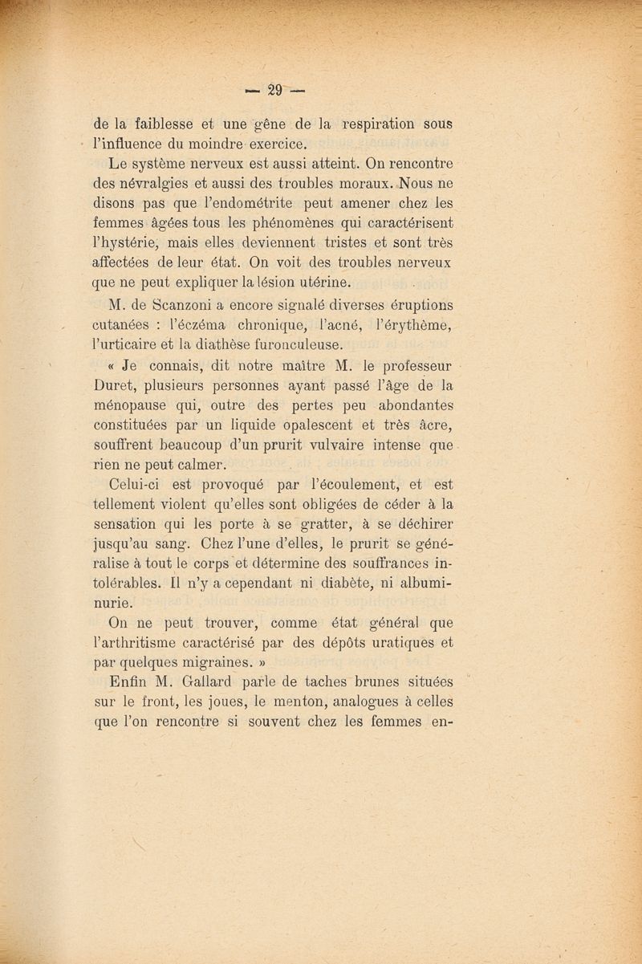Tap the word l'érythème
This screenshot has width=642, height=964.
[x=412, y=324]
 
